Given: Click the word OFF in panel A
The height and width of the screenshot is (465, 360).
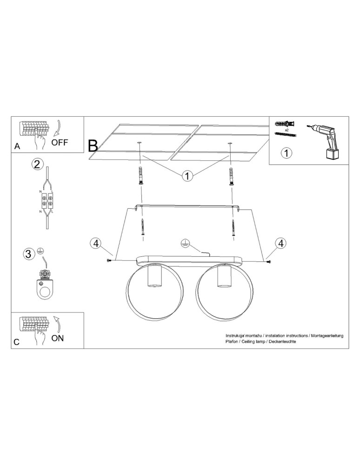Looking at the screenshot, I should (x=60, y=142).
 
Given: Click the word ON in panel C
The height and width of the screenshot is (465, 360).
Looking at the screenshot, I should (x=58, y=338).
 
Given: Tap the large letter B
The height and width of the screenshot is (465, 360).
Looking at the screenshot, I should (x=93, y=146).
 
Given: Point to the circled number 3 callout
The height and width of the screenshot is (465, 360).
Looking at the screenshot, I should (x=29, y=254).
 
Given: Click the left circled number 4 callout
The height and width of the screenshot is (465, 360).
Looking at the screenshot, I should (x=95, y=243).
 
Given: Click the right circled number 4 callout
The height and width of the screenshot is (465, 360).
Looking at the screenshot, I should (x=280, y=243).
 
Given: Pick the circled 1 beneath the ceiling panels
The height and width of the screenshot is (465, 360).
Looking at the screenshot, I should (x=187, y=176).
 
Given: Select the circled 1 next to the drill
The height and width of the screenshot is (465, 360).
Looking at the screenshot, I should (x=287, y=153).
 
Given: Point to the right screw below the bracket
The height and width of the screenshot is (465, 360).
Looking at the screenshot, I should (x=233, y=228).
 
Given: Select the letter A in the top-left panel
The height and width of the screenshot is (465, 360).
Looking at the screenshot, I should (x=17, y=146).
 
